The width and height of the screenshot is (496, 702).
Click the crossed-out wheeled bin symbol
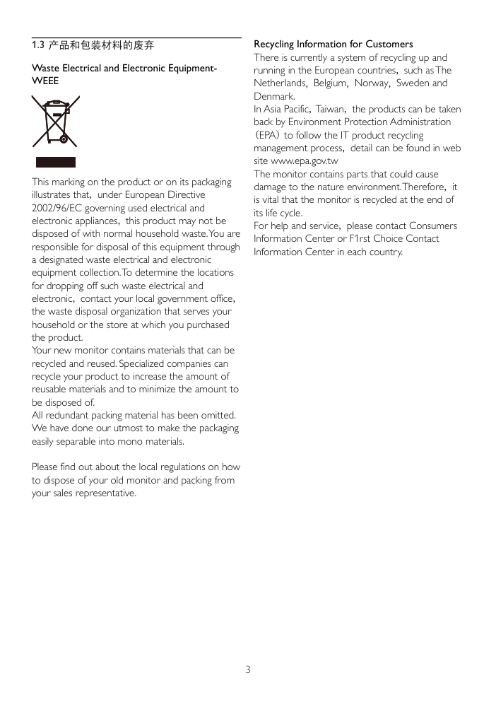[x=55, y=122]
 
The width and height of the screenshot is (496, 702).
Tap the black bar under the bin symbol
[x=55, y=162]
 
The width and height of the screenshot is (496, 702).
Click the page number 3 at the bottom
[x=248, y=669]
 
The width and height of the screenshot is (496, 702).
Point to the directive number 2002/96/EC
[x=58, y=208]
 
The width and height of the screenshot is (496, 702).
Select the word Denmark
[x=274, y=96]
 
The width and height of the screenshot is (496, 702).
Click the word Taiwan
[x=330, y=110]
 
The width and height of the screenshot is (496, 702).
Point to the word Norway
[x=372, y=83]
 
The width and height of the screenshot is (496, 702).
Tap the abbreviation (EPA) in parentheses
[x=267, y=136]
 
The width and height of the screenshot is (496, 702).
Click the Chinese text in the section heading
[x=101, y=45]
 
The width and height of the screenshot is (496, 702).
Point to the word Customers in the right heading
[x=389, y=45]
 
